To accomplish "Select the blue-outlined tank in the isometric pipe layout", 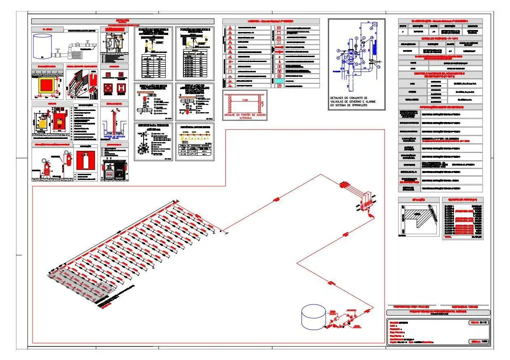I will click(x=313, y=317).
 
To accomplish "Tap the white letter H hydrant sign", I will click(x=121, y=88).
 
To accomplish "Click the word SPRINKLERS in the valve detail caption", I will click(x=369, y=106).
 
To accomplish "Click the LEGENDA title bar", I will click(x=271, y=21).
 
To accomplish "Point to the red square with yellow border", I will click(x=47, y=87).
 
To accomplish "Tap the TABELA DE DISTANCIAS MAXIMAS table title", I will click(x=195, y=145).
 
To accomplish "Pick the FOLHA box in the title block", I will click(x=478, y=323).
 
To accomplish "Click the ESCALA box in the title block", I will click(x=478, y=342).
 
